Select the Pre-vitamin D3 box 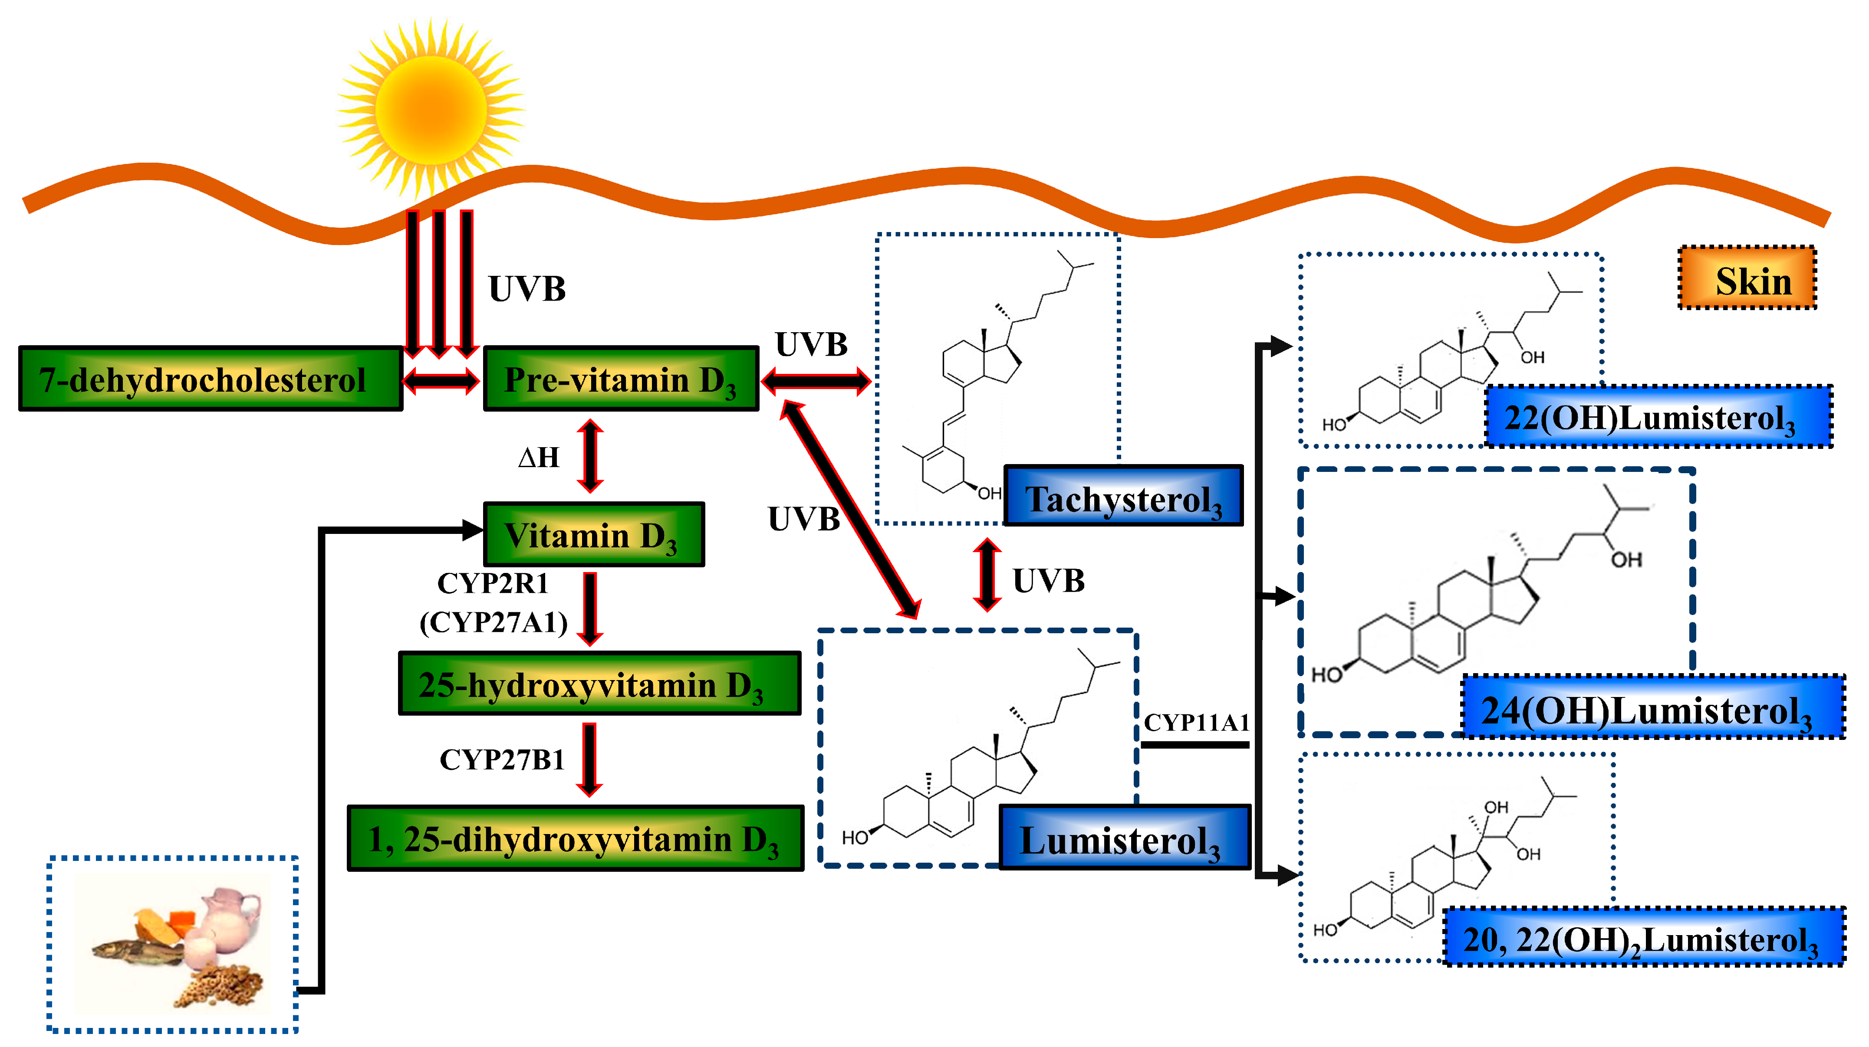coord(620,379)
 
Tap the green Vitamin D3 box coord(593,534)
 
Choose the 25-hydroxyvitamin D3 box coord(599,684)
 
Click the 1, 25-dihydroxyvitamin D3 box coord(576,838)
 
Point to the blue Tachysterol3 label coord(1123,496)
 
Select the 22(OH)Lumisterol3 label coord(1658,417)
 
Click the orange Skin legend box coord(1747,278)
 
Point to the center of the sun coord(431,109)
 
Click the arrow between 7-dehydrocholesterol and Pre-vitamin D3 coord(441,380)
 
